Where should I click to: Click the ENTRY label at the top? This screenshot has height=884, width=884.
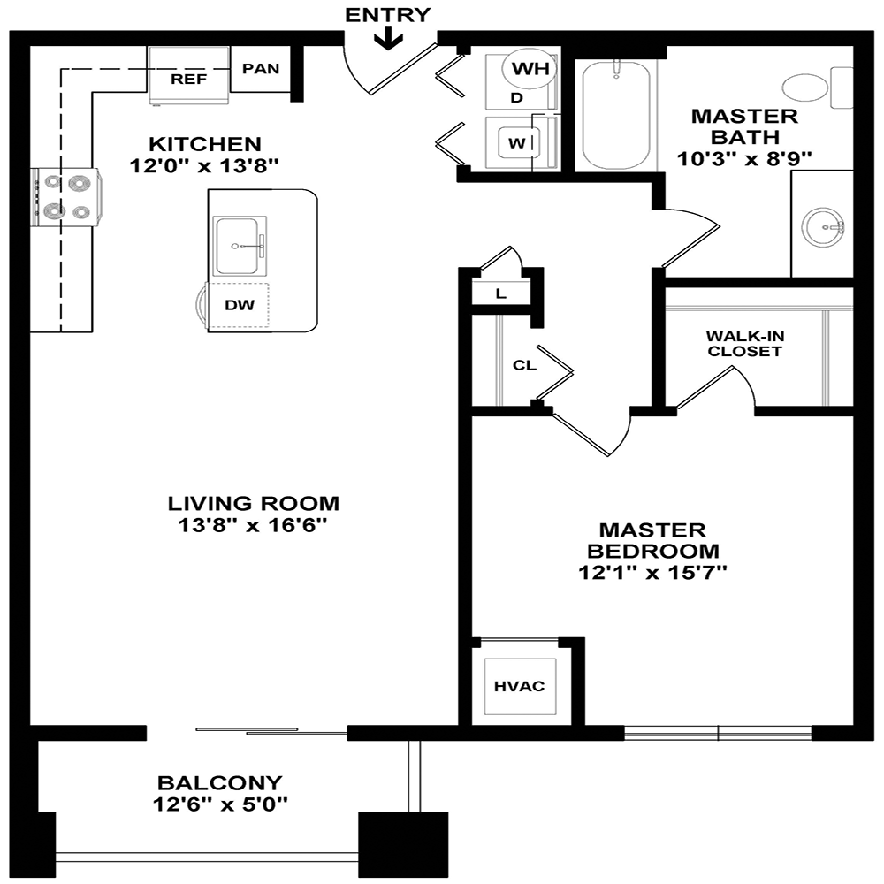point(387,14)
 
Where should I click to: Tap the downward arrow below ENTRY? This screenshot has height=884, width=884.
point(388,39)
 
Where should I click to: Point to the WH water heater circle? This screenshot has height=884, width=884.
point(530,68)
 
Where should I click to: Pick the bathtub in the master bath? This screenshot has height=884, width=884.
point(616,114)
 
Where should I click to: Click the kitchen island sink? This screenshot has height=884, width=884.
point(240,245)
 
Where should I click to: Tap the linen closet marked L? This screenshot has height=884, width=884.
point(501,294)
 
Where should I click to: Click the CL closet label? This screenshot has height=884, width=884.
point(524,364)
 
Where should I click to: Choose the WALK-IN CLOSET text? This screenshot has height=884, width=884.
point(743,344)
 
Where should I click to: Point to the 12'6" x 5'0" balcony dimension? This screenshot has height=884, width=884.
point(219,804)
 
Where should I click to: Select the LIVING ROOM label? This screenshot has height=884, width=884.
point(253,504)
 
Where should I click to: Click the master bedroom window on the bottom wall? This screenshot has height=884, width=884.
point(718,732)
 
